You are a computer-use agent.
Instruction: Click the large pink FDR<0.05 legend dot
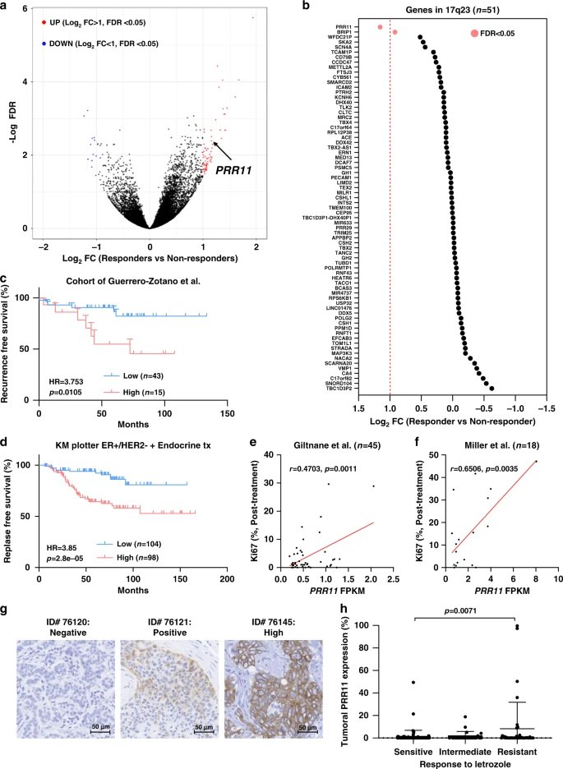(474, 33)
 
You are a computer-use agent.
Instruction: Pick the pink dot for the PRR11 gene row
(380, 27)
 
